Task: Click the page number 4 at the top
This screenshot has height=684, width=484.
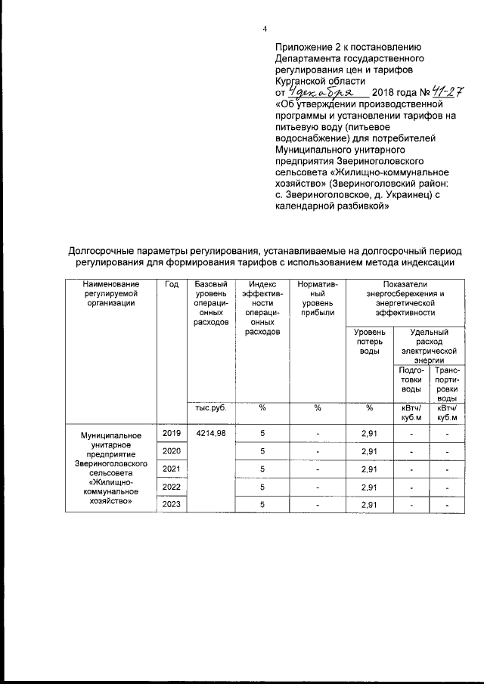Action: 265,29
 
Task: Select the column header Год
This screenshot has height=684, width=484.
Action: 171,283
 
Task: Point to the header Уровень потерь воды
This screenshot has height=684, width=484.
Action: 370,342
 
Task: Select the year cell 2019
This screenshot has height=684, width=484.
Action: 171,433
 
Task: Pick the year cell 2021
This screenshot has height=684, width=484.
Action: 171,469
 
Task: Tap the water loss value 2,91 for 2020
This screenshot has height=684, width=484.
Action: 370,451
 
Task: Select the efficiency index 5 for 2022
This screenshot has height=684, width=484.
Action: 262,487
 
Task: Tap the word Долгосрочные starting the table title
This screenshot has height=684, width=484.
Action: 101,250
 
